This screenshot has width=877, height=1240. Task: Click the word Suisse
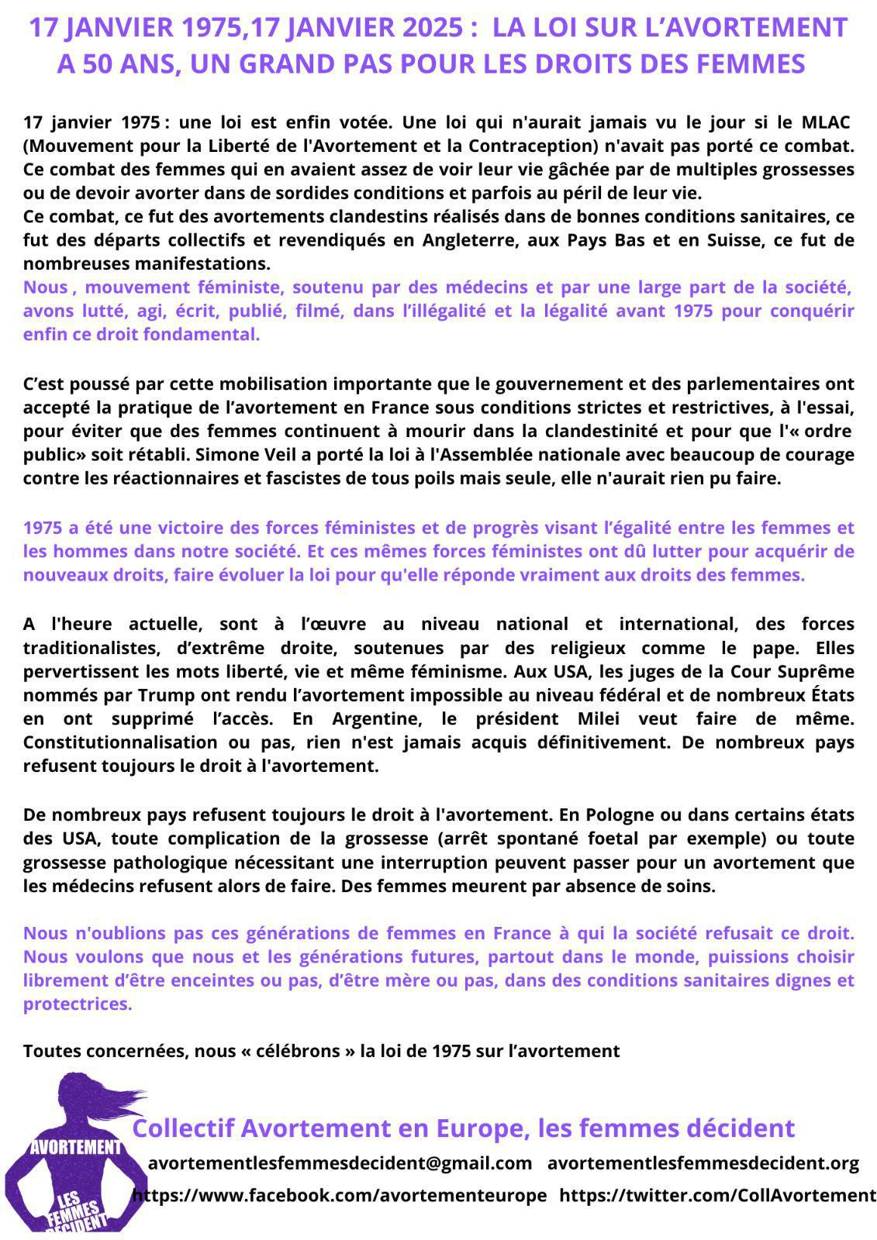pyautogui.click(x=728, y=239)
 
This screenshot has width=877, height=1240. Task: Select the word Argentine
pyautogui.click(x=375, y=718)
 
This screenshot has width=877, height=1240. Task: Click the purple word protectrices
pyautogui.click(x=78, y=1004)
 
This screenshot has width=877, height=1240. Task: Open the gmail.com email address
pyautogui.click(x=340, y=1163)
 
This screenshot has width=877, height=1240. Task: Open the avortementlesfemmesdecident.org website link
pyautogui.click(x=703, y=1163)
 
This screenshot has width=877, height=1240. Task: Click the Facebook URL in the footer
pyautogui.click(x=340, y=1195)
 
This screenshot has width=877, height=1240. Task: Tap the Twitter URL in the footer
pyautogui.click(x=717, y=1195)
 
